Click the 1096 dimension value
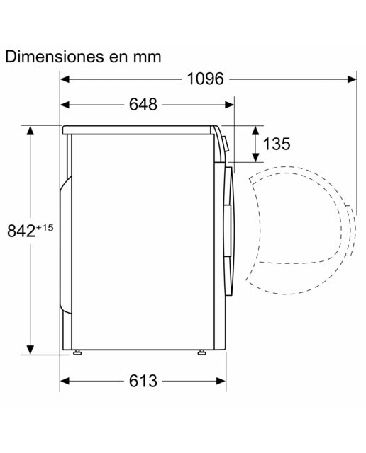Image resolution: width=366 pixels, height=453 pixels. [x=205, y=79]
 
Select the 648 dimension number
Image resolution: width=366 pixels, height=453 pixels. [x=143, y=104]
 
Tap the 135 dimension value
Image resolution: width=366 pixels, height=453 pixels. [x=277, y=144]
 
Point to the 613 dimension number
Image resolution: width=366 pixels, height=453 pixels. [x=143, y=381]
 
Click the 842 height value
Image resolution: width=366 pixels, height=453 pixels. [x=21, y=231]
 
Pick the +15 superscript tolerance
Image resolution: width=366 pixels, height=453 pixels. [x=45, y=228]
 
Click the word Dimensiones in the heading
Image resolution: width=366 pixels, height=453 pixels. [x=55, y=57]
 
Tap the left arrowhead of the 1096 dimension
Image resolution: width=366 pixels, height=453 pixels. [x=65, y=79]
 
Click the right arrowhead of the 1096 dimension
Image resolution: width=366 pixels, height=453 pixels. [x=352, y=79]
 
